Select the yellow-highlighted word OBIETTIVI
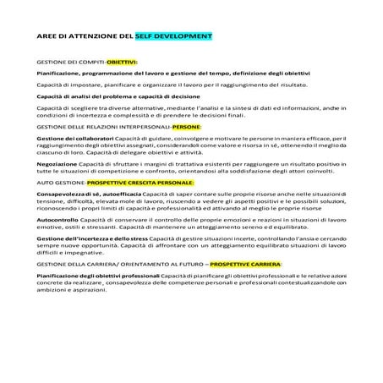click(121, 63)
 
